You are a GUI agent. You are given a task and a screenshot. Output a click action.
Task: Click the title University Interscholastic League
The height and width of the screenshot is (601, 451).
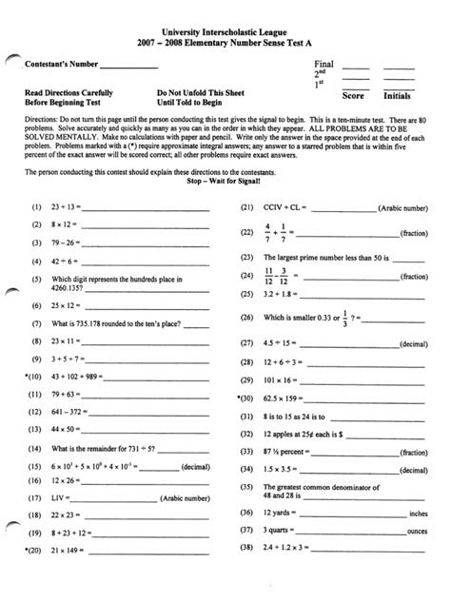pyautogui.click(x=226, y=33)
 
